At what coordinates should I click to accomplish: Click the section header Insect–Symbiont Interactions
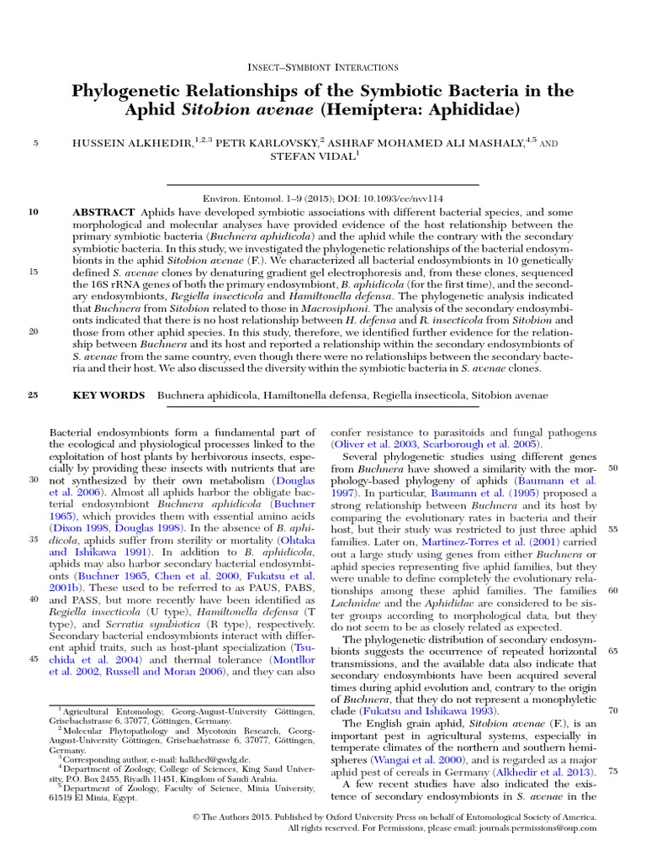click(x=324, y=66)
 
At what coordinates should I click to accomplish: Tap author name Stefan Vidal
click(x=322, y=156)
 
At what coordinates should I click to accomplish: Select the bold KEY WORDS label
click(x=108, y=395)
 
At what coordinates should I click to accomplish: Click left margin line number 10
click(x=34, y=212)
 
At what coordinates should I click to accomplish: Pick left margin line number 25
click(x=34, y=395)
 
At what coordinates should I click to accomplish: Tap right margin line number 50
click(x=612, y=467)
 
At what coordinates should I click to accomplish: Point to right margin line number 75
click(x=612, y=771)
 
